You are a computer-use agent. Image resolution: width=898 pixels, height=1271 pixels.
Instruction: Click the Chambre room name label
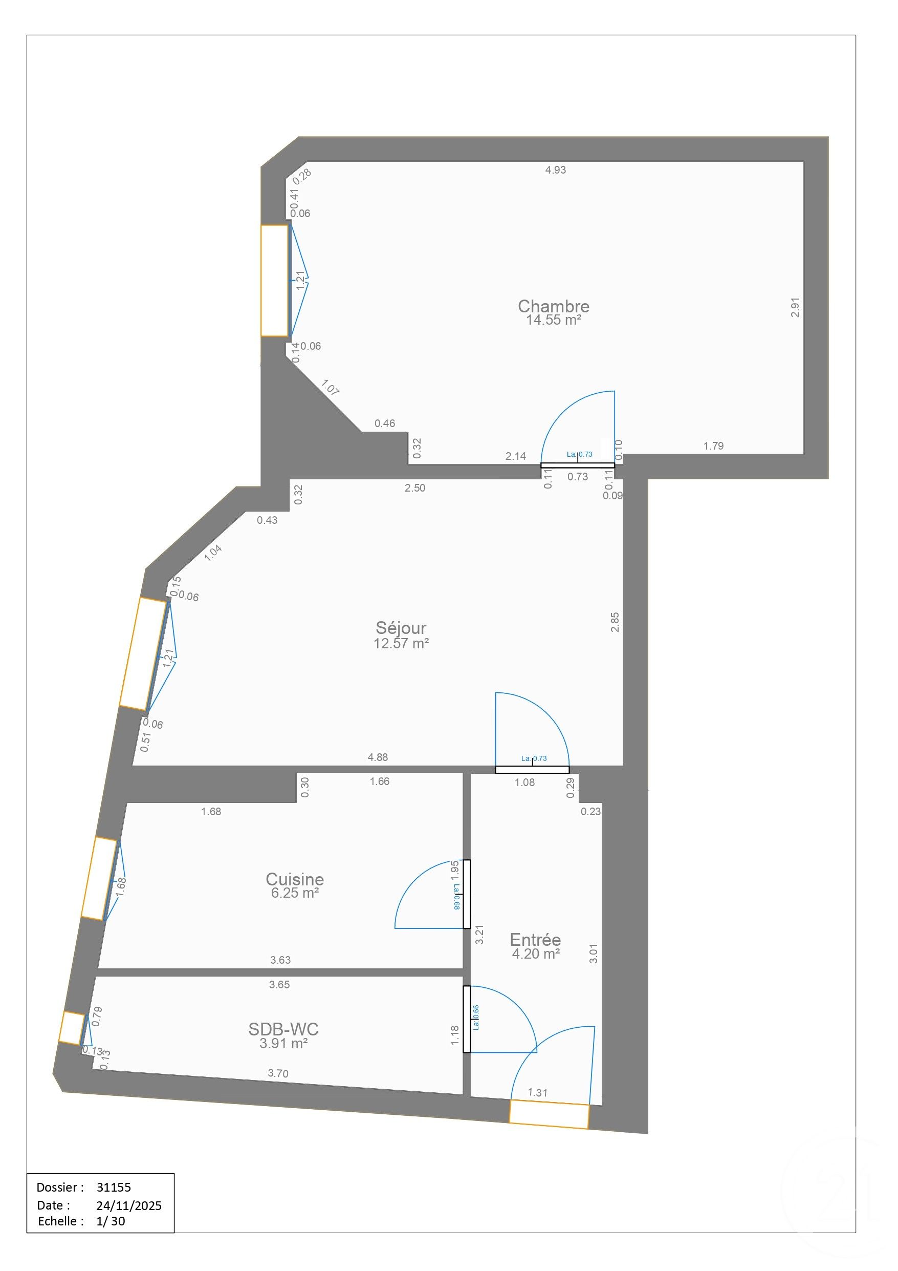[553, 306]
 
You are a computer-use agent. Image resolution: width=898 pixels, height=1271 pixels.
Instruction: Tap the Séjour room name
[401, 627]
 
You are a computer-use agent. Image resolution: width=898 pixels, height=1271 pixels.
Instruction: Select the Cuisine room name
[294, 879]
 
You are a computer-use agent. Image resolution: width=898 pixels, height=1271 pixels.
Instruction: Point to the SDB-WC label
[283, 1029]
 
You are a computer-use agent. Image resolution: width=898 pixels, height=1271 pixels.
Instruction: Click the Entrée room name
[535, 939]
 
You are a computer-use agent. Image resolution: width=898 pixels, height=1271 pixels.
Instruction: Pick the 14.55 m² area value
[553, 320]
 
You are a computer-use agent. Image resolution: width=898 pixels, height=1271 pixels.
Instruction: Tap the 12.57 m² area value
[401, 643]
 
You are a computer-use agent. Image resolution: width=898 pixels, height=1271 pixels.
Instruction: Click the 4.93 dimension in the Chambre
[555, 170]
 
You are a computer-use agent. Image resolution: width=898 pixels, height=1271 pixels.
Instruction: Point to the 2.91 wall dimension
[795, 307]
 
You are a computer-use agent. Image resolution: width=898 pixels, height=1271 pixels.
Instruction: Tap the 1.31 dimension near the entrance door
[537, 1092]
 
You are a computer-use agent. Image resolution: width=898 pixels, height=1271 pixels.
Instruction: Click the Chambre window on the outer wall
[274, 280]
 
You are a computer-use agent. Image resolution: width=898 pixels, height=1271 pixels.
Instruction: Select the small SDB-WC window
[71, 1028]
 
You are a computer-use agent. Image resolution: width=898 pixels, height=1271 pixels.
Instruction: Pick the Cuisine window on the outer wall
[99, 879]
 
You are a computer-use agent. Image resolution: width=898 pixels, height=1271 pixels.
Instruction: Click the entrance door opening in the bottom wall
[549, 1114]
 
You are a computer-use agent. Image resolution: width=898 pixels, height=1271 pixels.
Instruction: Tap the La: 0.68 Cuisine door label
[456, 896]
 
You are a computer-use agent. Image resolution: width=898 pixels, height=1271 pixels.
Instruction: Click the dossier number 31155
[114, 1187]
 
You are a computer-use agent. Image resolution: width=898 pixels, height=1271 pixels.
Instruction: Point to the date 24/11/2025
[129, 1205]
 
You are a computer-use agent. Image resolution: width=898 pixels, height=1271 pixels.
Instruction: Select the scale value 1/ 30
[111, 1221]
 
